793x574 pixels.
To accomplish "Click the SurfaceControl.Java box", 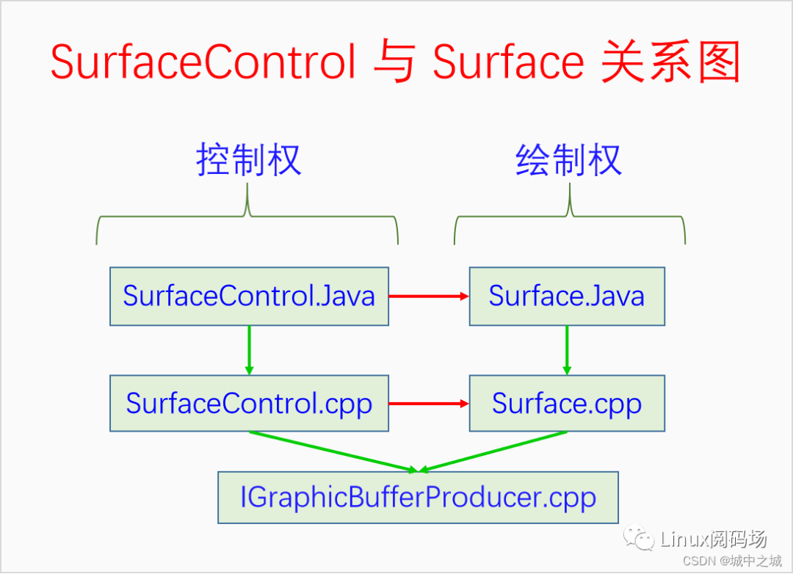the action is pos(249,297).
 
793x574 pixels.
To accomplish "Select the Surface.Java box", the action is pos(567,297).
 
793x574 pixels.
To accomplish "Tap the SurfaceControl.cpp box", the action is pos(249,404).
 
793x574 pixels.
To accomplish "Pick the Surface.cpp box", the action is pos(567,404).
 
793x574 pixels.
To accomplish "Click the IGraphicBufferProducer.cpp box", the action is pos(418,498).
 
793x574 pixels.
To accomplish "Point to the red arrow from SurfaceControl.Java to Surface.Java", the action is pos(428,297).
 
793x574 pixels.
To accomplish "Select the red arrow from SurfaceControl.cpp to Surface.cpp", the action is pos(428,404).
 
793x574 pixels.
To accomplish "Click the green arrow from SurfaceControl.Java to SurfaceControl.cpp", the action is pos(249,350).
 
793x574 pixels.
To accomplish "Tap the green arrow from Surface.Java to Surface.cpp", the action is pos(567,350).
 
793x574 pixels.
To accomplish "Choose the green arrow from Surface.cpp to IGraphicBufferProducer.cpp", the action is pos(496,451).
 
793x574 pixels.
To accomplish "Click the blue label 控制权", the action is pos(249,160).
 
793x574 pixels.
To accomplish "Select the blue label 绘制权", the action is pos(569,160).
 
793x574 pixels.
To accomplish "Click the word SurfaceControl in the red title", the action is pos(203,62).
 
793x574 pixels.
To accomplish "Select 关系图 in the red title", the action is pos(670,62).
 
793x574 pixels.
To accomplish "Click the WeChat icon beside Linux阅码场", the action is pos(639,540).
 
